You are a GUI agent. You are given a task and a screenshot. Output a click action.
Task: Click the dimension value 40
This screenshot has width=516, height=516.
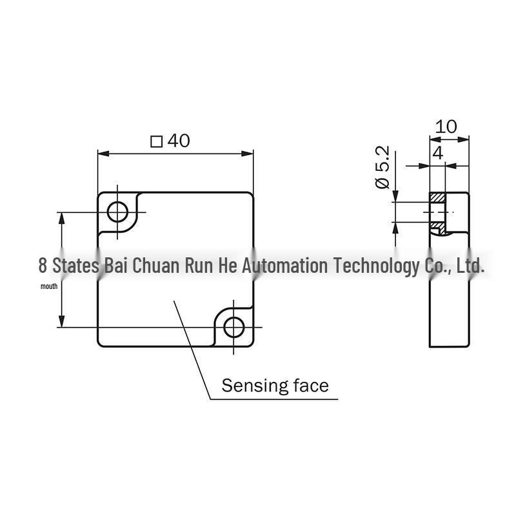179,141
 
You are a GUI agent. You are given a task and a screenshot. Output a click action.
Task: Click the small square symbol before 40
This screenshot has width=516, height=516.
157,142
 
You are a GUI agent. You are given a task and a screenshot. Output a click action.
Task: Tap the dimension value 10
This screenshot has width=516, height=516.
446,126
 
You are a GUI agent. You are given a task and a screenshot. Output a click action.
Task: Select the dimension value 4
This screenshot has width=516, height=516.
438,153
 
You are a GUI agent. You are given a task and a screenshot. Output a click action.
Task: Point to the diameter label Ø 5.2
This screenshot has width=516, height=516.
382,167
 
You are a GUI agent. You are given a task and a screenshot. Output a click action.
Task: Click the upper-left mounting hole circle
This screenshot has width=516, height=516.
117,212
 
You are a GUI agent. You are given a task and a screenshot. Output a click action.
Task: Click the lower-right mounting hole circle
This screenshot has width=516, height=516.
233,328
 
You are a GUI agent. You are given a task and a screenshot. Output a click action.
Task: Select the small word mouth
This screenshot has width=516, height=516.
49,286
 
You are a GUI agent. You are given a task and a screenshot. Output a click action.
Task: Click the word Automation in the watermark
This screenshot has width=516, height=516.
285,266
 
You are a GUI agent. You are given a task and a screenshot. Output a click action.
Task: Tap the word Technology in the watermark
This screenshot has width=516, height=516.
377,266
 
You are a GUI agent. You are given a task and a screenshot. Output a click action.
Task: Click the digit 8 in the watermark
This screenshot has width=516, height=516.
43,266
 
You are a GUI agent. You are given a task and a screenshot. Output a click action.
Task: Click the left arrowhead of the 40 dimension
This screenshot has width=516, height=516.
104,154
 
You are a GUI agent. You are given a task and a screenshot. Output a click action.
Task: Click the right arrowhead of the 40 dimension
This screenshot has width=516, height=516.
248,154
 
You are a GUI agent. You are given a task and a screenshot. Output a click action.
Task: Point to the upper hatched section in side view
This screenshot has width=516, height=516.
437,197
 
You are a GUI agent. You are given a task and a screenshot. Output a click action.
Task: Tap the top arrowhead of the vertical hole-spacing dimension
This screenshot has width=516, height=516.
61,218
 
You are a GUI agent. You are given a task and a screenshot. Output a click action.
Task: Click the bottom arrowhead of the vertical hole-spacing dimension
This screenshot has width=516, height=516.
61,321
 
